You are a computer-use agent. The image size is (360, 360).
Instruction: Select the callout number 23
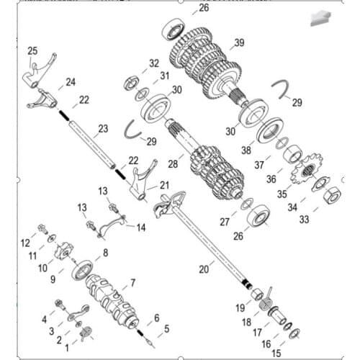104,129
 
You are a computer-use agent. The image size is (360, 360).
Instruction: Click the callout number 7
132,282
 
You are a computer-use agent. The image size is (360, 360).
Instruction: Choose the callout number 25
32,50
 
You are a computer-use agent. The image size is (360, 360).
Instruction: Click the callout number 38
246,151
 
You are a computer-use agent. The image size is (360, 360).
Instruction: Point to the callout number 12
24,241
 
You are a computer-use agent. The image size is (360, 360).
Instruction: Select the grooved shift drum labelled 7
115,302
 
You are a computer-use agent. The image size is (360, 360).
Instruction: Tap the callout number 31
165,76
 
